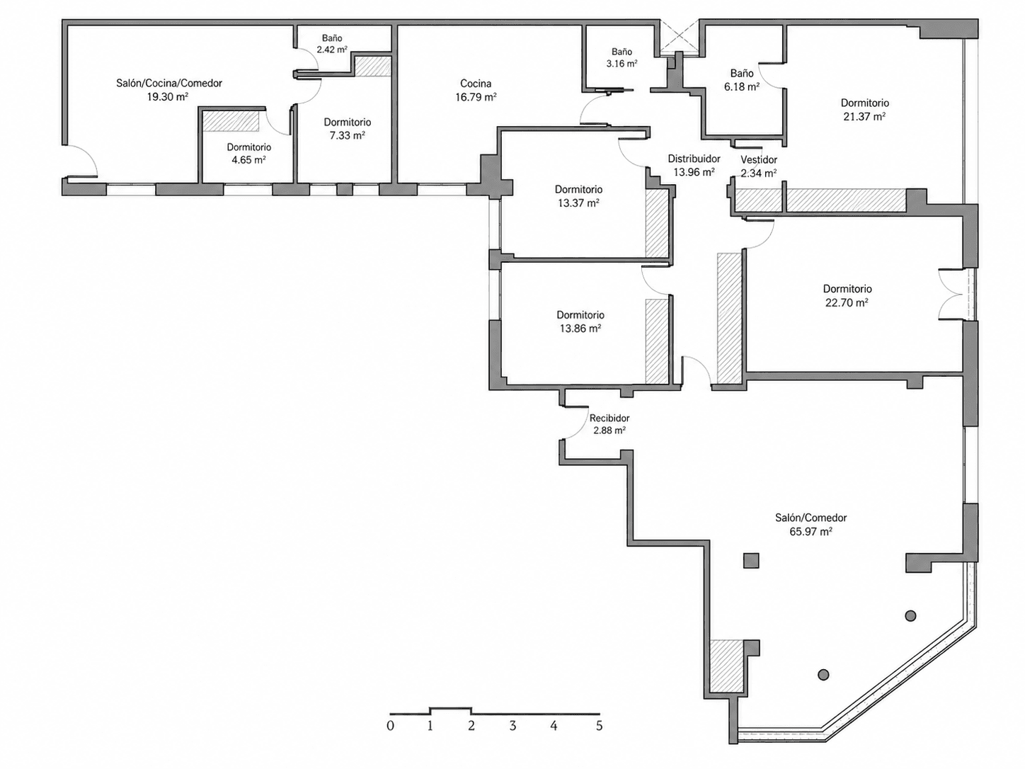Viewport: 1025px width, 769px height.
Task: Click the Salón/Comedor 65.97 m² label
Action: click(x=811, y=524)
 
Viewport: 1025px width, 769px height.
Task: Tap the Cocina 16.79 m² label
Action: click(x=476, y=90)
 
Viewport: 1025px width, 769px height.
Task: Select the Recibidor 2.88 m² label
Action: click(x=609, y=424)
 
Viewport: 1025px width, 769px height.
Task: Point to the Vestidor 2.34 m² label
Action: click(x=759, y=166)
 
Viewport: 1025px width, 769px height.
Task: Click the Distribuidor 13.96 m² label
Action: click(x=694, y=165)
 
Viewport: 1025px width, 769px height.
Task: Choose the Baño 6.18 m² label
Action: click(x=742, y=80)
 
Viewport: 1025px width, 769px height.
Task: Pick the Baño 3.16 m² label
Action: click(x=622, y=57)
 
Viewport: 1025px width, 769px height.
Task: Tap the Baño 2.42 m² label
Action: click(x=332, y=43)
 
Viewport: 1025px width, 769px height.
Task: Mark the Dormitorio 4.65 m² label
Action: click(x=249, y=154)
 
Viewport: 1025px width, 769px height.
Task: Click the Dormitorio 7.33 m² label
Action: click(x=348, y=129)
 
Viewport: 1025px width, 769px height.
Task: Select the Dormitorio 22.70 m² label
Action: click(x=847, y=295)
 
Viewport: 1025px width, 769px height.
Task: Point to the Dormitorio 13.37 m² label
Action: click(x=578, y=196)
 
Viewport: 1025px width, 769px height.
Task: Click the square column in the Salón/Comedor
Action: click(x=751, y=560)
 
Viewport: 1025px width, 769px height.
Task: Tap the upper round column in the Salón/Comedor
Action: click(x=910, y=616)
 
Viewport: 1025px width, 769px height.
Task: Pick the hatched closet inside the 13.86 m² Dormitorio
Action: click(x=657, y=341)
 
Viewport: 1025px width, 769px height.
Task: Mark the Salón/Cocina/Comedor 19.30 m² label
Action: click(x=169, y=90)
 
